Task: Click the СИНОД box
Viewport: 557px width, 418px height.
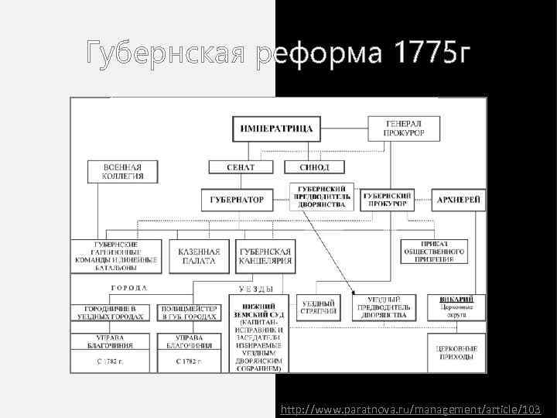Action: [312, 167]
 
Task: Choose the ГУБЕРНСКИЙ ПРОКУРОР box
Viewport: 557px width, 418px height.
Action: [388, 200]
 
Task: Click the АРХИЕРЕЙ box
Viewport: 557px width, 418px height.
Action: [459, 200]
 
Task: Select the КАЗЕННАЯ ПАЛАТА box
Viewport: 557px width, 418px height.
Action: [199, 256]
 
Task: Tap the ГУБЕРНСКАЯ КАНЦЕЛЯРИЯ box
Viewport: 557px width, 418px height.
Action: [265, 256]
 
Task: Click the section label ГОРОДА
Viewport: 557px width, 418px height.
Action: [125, 287]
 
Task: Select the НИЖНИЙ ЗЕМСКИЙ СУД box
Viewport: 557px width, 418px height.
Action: [259, 334]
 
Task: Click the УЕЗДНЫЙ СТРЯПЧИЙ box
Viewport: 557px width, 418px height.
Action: [319, 307]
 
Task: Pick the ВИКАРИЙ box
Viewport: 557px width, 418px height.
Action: [456, 306]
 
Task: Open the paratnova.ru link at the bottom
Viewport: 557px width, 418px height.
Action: [411, 408]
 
